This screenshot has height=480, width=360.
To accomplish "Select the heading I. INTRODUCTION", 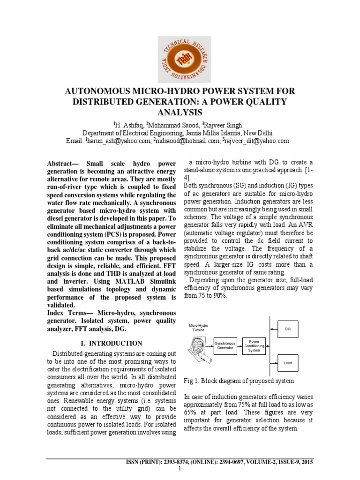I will (112, 343).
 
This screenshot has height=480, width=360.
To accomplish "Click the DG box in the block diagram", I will (288, 329).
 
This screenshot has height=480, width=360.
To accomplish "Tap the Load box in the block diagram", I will (288, 362).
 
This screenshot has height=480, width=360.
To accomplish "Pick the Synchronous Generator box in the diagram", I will (225, 345).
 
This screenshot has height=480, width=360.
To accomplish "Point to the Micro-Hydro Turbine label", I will (198, 327).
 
